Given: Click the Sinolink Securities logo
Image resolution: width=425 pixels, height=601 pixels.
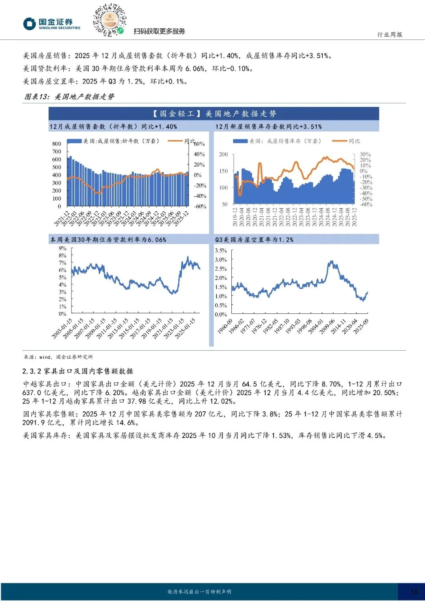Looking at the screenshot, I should [x=52, y=24].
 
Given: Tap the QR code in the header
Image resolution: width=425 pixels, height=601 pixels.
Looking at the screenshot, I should [x=109, y=20].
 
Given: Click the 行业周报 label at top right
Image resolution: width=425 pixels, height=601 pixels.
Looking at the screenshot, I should [x=390, y=35].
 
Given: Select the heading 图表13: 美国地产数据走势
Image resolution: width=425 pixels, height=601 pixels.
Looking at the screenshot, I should [x=69, y=97].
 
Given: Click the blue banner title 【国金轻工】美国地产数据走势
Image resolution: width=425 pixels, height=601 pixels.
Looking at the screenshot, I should [x=214, y=114].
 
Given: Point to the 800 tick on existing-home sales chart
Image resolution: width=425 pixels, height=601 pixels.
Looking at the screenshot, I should [x=57, y=144].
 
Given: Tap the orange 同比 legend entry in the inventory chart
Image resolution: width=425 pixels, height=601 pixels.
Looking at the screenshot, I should [x=346, y=141].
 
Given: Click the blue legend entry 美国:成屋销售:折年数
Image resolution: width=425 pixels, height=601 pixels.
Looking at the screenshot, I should [x=114, y=141].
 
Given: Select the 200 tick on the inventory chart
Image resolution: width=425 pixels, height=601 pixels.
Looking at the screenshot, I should [x=223, y=154].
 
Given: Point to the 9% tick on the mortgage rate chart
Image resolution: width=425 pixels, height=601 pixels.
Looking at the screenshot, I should [x=63, y=248].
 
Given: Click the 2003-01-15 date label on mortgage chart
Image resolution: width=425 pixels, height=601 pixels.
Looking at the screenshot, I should [x=62, y=328].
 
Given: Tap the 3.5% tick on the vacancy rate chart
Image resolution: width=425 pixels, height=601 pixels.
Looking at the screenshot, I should [x=221, y=250].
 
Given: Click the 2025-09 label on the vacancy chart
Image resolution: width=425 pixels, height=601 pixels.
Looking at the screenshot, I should [x=361, y=327].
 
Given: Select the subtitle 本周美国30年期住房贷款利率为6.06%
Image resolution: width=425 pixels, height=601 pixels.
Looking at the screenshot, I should [x=108, y=239].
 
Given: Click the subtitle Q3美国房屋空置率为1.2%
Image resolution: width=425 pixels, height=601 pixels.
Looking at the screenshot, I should [x=254, y=239].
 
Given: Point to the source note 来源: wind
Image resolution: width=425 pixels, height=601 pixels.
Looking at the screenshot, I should [x=58, y=357].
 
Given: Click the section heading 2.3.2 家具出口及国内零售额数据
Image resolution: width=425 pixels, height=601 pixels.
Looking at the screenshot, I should [x=78, y=371].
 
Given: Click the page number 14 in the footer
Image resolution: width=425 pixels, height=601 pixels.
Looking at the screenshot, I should [x=414, y=592].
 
